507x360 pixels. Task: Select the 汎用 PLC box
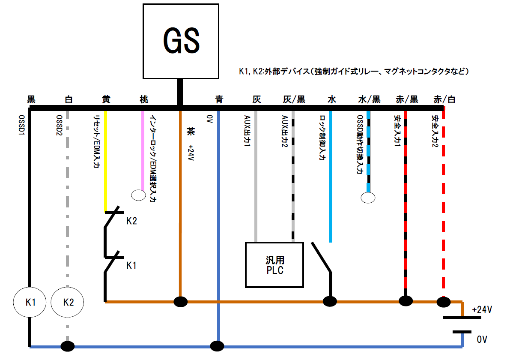click(274, 264)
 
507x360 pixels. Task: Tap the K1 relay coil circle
click(30, 302)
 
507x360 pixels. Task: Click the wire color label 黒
click(31, 100)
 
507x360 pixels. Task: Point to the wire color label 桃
click(144, 100)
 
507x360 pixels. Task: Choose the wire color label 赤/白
click(444, 100)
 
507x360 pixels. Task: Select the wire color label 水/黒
click(369, 100)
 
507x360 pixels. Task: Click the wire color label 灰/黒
click(294, 100)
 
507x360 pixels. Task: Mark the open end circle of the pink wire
click(138, 195)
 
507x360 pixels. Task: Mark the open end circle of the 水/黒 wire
click(368, 198)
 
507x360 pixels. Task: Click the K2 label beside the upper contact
click(131, 221)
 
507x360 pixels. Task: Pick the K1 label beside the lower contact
click(131, 265)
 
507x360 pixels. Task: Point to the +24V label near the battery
click(481, 309)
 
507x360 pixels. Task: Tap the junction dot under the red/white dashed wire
click(443, 302)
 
